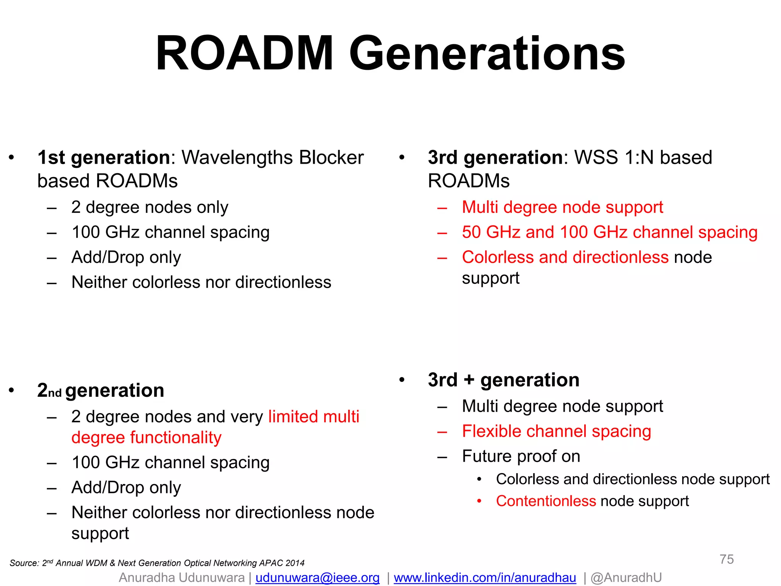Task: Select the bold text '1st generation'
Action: coord(104,157)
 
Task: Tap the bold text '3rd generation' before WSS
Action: coord(495,157)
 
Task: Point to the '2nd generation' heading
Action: coord(101,390)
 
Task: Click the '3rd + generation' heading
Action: coord(503,380)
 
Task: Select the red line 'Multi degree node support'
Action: coord(562,207)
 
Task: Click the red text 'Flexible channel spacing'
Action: coord(556,431)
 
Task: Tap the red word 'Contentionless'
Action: coord(546,501)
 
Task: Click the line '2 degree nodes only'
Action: coord(150,207)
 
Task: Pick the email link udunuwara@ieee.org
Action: coord(317,578)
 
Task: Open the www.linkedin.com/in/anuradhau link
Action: coord(485,578)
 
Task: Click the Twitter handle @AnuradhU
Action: coord(626,578)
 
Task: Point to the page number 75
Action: coord(726,559)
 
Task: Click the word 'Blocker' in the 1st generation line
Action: coord(331,157)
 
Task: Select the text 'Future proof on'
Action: coord(521,456)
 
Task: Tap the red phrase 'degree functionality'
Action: coord(146,437)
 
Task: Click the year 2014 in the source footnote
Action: coord(295,563)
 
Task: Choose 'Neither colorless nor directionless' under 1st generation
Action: coord(201,282)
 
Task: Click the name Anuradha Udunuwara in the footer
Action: coord(182,578)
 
